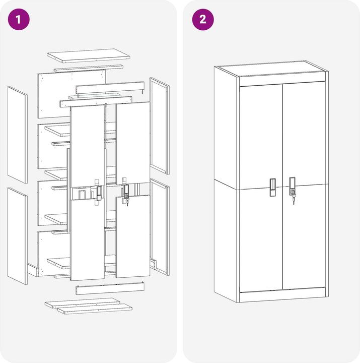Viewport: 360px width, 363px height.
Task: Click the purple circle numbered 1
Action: point(19,20)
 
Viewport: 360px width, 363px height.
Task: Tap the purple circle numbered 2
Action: point(203,20)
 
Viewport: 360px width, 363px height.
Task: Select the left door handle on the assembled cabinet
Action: point(273,187)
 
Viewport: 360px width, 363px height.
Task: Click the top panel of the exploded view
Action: point(88,55)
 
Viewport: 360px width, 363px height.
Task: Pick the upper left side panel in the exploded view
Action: point(18,135)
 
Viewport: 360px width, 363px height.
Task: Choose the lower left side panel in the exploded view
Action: point(18,236)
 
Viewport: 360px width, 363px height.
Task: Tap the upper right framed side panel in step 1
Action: point(160,126)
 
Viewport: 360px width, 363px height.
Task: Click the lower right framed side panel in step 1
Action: point(160,227)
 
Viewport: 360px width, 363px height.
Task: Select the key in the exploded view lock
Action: point(127,202)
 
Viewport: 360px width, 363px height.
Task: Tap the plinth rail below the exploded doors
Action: point(110,288)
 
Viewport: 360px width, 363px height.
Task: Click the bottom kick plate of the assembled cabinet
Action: point(282,294)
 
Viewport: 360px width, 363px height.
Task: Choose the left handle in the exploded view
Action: point(99,193)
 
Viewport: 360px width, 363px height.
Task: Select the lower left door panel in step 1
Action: point(88,239)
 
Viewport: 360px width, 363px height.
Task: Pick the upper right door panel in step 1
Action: point(133,143)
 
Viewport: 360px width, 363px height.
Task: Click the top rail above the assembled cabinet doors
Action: point(282,81)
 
